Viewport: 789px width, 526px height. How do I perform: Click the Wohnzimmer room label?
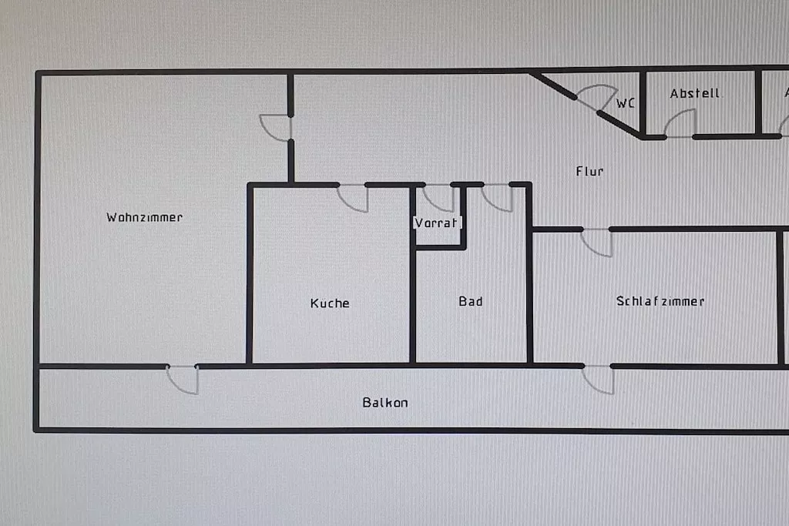[x=145, y=217]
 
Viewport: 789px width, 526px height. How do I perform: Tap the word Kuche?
[x=330, y=303]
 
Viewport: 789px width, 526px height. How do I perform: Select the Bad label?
[x=471, y=301]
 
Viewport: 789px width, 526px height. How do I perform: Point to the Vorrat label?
[x=437, y=223]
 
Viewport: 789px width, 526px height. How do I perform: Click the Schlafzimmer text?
[x=660, y=301]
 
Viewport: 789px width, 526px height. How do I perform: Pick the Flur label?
[x=589, y=171]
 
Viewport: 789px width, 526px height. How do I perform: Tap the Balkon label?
[x=385, y=402]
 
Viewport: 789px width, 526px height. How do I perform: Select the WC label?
[x=626, y=103]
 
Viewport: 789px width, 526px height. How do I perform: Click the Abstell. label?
[x=696, y=93]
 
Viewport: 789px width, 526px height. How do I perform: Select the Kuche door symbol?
[x=354, y=197]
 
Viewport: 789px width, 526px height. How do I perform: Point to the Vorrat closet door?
[x=439, y=197]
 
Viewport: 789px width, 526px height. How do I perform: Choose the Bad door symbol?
[x=498, y=197]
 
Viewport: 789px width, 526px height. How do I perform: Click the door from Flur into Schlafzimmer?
[x=597, y=242]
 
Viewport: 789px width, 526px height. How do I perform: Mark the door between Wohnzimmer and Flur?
[x=277, y=128]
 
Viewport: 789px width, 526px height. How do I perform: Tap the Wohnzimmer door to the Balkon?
[x=183, y=379]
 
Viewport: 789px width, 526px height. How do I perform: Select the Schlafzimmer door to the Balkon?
[x=599, y=379]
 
